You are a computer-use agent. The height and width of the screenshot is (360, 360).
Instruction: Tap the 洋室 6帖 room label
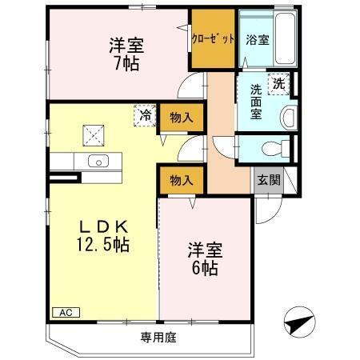coord(206,258)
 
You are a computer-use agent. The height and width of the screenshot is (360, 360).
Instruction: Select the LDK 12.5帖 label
coord(103,231)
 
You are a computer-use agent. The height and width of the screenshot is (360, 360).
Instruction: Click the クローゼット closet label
coord(213,38)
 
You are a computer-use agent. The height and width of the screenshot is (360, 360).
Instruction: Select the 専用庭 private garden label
coord(158,338)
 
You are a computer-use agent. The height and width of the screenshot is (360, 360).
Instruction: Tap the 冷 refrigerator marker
coord(146,115)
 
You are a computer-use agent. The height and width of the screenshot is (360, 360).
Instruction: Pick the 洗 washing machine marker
coord(278,83)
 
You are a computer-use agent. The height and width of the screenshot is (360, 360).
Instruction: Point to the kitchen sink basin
coord(98,161)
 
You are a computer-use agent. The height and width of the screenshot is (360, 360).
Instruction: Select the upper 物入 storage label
coord(182,118)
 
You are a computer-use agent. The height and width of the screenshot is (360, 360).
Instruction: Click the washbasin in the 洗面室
coord(287,117)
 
